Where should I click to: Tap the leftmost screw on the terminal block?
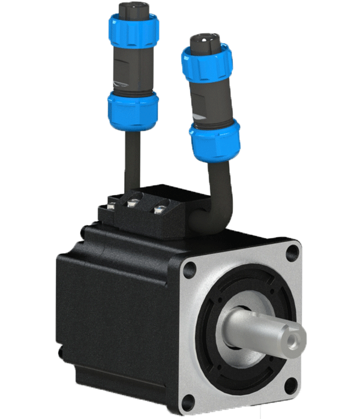click(x=110, y=207)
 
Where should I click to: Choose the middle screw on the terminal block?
click(x=133, y=206)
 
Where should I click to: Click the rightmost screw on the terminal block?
click(x=158, y=210)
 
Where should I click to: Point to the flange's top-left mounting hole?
click(x=190, y=268)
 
